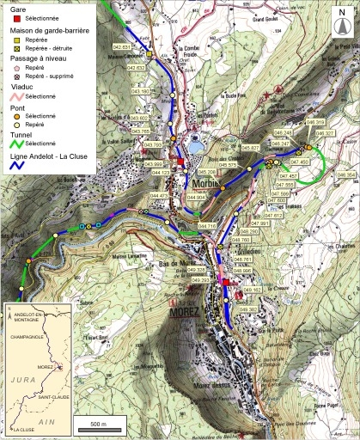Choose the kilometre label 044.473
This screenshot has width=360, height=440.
[159, 196]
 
